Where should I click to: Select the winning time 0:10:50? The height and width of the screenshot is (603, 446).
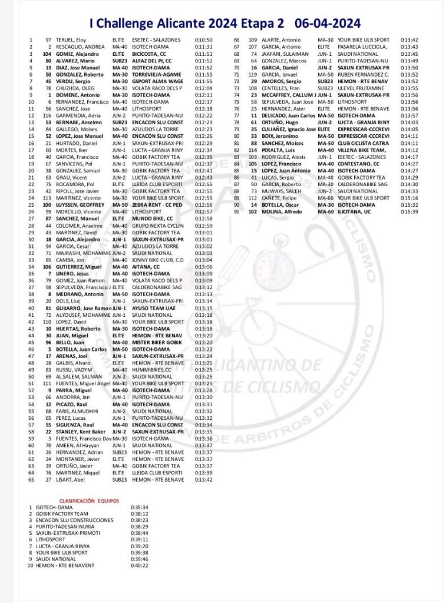point(203,40)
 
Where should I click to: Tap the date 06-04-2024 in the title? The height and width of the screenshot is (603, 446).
point(328,23)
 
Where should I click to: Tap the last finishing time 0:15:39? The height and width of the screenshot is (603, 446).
point(409,211)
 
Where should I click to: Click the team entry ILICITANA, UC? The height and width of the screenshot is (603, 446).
point(355,211)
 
